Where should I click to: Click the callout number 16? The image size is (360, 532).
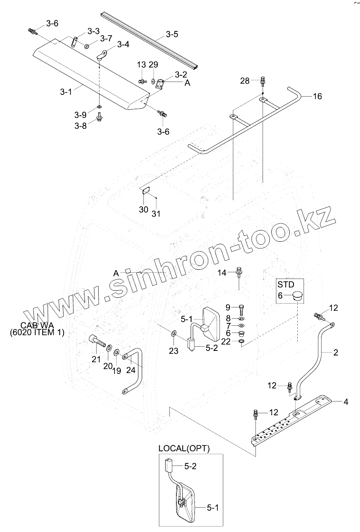317,97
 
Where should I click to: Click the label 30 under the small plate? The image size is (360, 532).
143,210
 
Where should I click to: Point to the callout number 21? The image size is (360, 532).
96,359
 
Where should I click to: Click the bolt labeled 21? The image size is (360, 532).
97,342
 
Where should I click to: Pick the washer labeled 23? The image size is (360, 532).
174,334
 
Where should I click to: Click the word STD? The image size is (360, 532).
286,285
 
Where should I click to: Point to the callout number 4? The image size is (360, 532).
345,402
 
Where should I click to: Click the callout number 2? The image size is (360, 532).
335,353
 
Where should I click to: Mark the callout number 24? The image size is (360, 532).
130,369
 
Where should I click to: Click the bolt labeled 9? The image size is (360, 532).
242,309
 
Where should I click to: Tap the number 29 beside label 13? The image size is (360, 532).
153,65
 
